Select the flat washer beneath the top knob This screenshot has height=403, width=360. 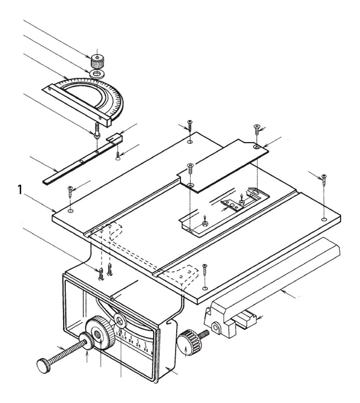click(96, 74)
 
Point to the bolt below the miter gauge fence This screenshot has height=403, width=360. click(97, 130)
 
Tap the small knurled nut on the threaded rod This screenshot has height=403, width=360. click(87, 341)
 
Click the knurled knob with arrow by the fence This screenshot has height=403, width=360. click(188, 342)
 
